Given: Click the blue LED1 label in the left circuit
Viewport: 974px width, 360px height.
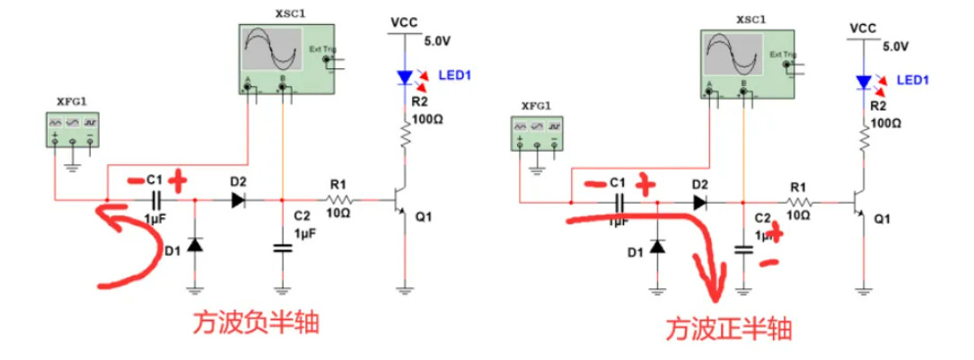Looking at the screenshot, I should coord(454,75).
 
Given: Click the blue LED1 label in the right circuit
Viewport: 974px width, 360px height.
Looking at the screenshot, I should coord(913,80).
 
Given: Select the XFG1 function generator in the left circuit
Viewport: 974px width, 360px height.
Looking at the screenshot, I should coord(73,129).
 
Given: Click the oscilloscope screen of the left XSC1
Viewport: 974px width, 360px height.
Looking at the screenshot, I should coord(273,49).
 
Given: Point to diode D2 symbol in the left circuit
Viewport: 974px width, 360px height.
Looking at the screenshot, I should coord(238,199).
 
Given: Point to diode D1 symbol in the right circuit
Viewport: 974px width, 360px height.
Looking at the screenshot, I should coord(658,245).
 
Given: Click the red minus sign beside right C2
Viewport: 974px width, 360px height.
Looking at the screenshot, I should coord(769,263).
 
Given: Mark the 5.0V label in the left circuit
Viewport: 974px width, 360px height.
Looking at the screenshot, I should coord(436,40).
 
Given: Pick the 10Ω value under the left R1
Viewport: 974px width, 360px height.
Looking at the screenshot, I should coord(338,213).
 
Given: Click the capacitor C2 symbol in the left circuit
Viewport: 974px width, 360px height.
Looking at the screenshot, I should coord(283,248).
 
